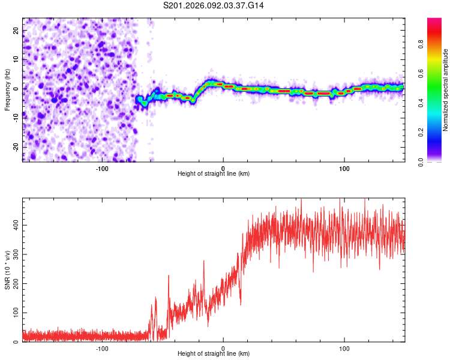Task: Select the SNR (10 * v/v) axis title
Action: coord(7,270)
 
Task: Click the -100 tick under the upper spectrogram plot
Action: coord(101,169)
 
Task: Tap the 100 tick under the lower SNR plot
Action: coord(344,348)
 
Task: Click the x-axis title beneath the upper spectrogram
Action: coord(214,174)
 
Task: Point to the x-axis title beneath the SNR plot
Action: coord(214,354)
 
